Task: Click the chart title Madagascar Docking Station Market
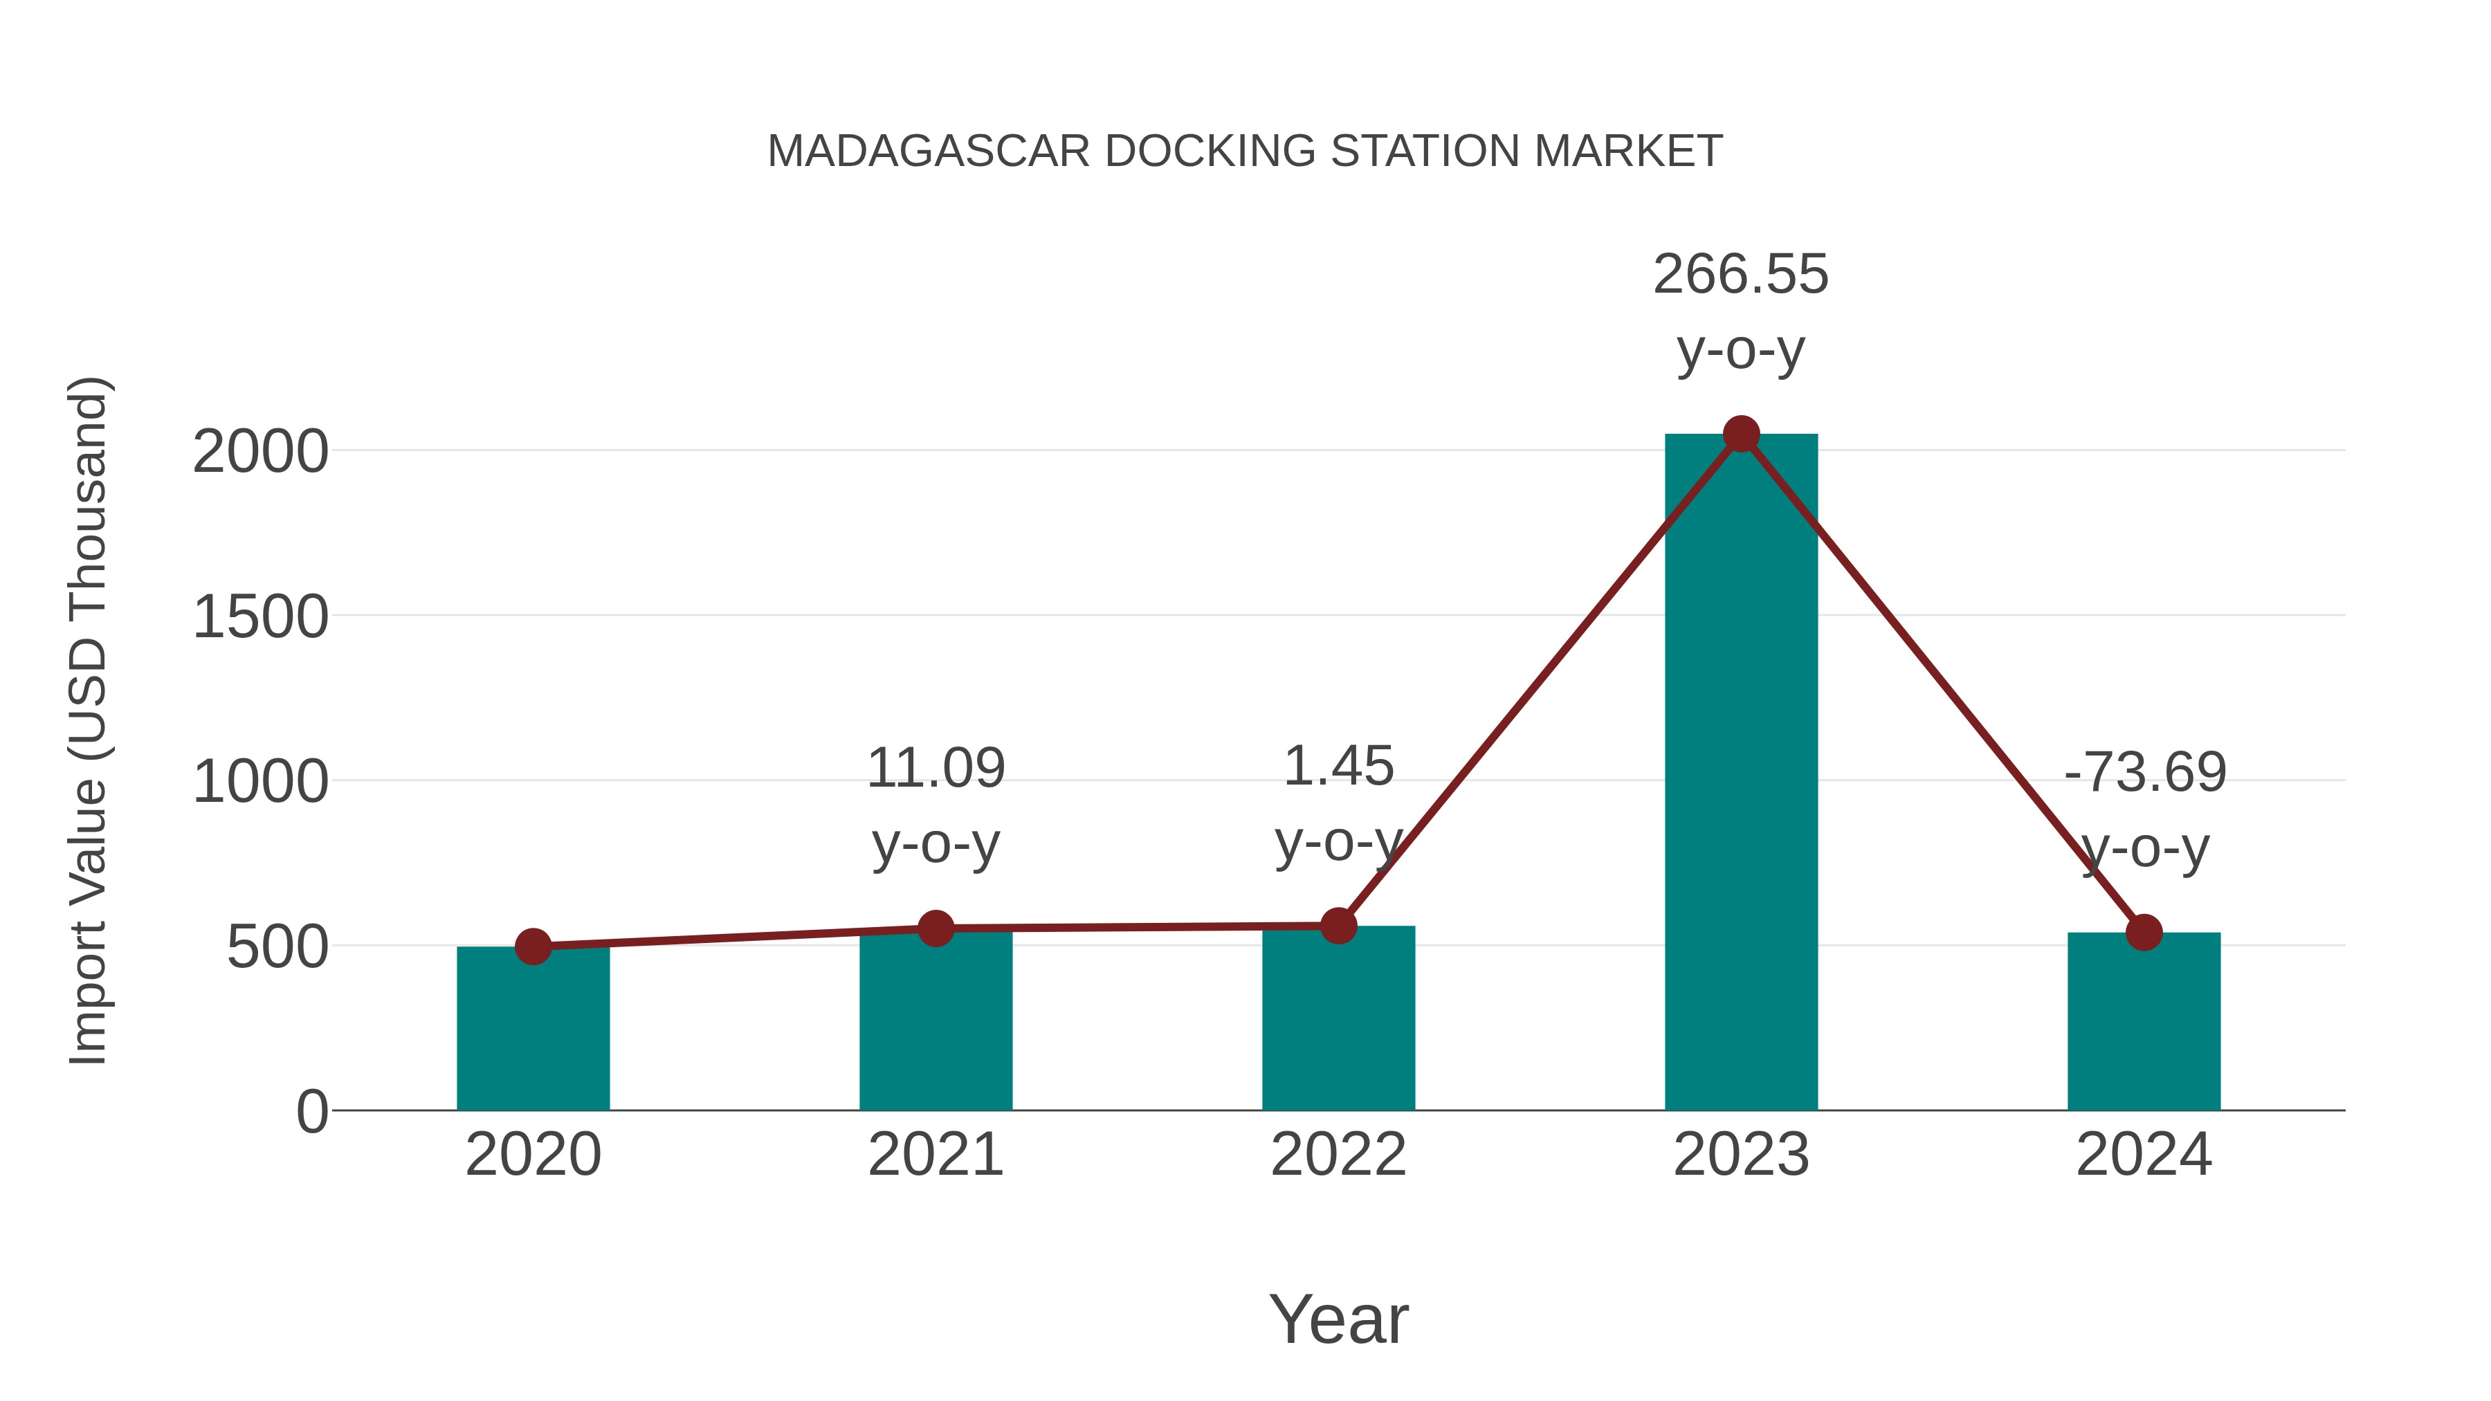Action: point(1245,152)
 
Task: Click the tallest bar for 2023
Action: point(1741,773)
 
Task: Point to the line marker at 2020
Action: point(533,946)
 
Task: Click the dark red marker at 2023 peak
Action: point(1741,434)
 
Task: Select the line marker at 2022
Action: point(1338,925)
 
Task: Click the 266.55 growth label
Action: point(1741,275)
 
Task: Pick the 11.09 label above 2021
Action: point(935,769)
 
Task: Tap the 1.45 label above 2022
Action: point(1338,767)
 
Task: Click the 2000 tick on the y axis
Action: point(260,452)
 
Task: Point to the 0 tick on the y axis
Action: point(311,1112)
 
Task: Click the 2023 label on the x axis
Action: point(1741,1155)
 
